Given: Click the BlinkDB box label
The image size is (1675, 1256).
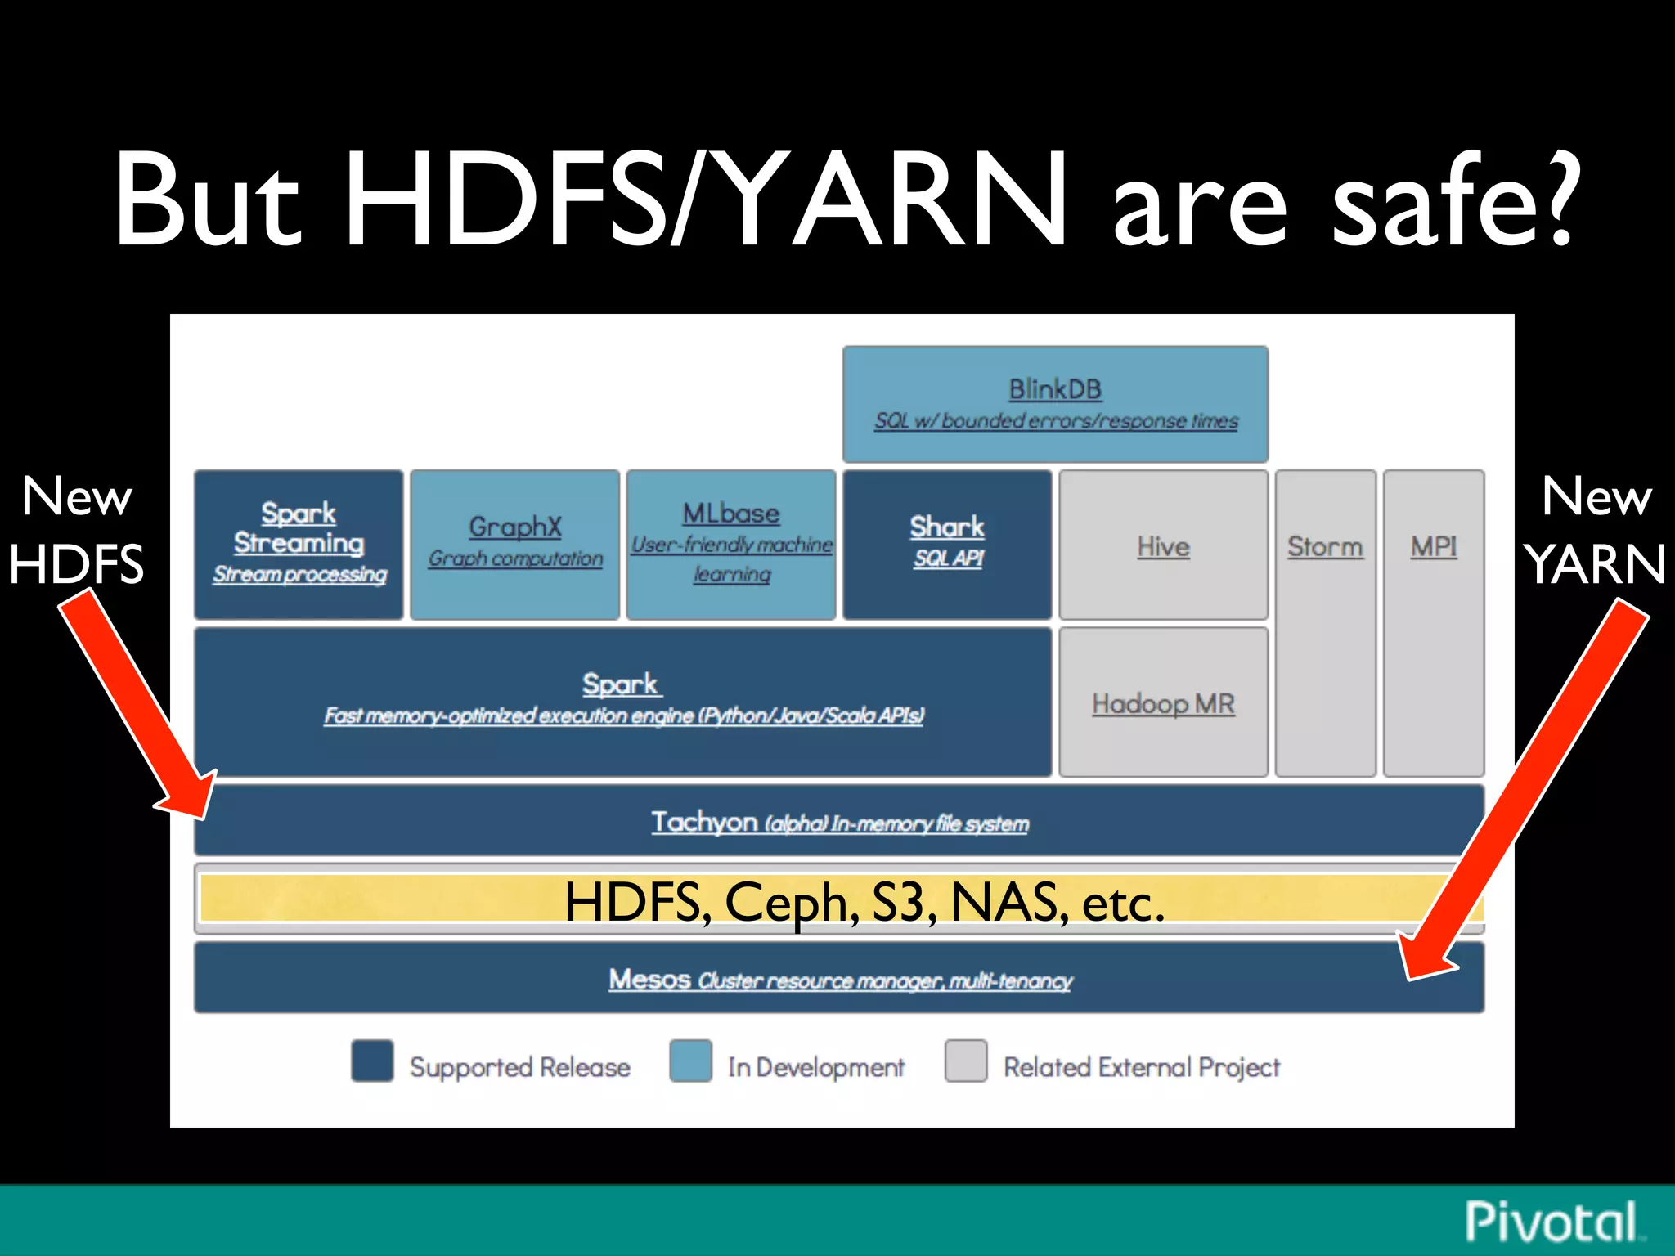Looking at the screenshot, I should coord(1054,389).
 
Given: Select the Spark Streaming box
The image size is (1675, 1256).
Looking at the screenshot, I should coord(299,544).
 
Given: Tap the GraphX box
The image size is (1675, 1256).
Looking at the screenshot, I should coord(514,544).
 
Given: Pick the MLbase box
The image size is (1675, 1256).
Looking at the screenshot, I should coord(731,544).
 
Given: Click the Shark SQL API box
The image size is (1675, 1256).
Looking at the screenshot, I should coord(947,544).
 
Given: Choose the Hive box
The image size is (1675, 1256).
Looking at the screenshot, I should coord(1163,545).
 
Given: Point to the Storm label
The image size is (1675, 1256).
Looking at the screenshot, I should coord(1325,546).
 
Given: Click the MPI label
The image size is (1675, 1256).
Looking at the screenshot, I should coord(1433,546).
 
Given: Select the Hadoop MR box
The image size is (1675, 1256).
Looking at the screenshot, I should coord(1163,702).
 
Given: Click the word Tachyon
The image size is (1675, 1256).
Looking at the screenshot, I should coord(703,821).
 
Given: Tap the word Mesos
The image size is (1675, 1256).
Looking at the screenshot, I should coord(649,978).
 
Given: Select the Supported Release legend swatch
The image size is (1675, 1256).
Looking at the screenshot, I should coord(372,1061).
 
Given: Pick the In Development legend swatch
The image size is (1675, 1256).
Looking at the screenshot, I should coord(690,1061).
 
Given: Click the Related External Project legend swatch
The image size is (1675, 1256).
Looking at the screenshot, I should coord(965,1061).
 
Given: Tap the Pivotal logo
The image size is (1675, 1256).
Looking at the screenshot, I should coord(1551,1222).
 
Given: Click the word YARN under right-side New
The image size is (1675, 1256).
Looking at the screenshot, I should coord(1595,564).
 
